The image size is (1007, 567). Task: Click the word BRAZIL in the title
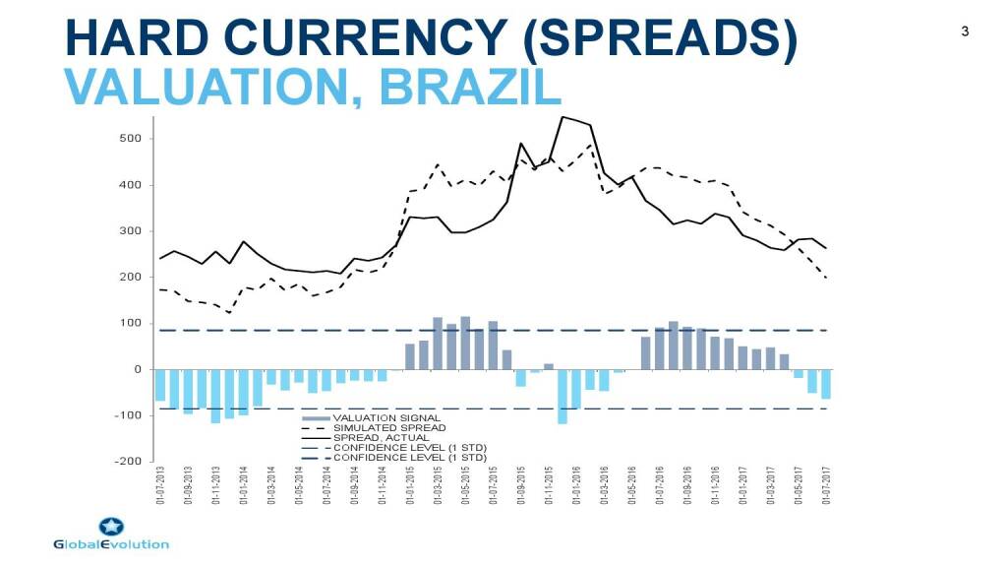[x=469, y=87]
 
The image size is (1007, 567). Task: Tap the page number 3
[x=965, y=31]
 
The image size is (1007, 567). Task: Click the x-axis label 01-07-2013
[x=160, y=486]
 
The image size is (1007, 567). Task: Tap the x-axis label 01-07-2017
[x=827, y=486]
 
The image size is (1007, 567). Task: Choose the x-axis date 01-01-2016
[x=576, y=486]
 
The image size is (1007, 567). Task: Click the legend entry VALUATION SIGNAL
[x=385, y=418]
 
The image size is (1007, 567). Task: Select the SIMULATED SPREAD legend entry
[x=389, y=428]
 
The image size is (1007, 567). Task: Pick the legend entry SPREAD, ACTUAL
[x=382, y=438]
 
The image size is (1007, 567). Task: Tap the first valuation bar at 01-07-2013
[x=160, y=385]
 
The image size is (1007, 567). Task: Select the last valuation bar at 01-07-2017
[x=826, y=384]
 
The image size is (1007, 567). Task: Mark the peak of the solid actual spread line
[x=563, y=117]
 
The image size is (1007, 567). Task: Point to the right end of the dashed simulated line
[x=826, y=279]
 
